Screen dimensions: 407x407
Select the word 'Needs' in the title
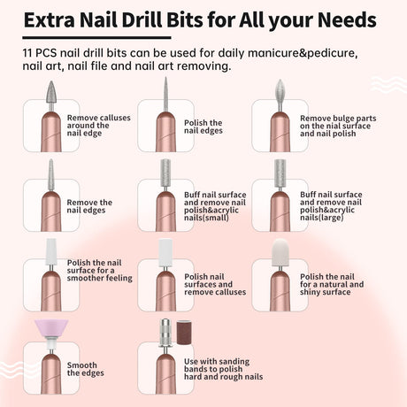coord(342,19)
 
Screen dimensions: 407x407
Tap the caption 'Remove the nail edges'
coord(89,206)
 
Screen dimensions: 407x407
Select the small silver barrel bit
coord(165,169)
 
